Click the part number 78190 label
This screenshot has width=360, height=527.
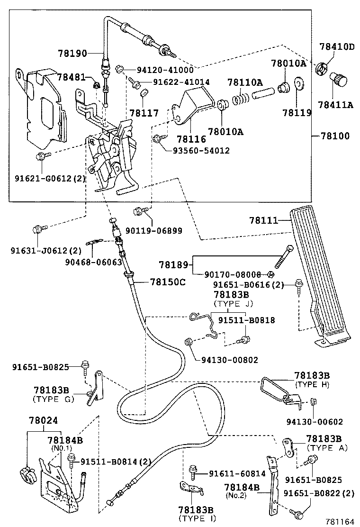click(x=72, y=54)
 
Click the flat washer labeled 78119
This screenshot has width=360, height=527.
click(x=299, y=85)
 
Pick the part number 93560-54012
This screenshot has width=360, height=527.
click(x=201, y=151)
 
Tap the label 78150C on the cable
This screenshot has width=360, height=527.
click(x=161, y=282)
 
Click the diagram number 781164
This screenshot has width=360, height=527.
click(x=339, y=521)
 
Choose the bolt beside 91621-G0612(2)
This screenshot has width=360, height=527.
click(x=42, y=156)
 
